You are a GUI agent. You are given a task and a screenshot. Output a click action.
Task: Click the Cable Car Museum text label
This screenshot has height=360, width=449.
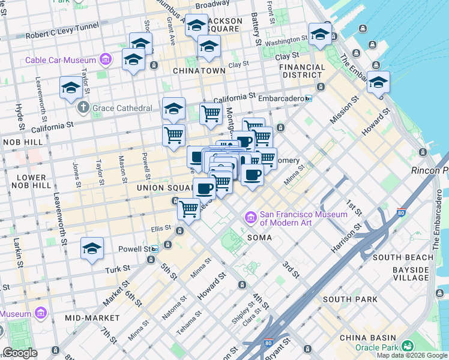(61, 60)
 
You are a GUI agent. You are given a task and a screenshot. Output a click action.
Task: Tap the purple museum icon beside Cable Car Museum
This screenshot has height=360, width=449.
(106, 59)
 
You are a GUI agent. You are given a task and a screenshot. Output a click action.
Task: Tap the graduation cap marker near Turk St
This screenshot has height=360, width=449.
(92, 248)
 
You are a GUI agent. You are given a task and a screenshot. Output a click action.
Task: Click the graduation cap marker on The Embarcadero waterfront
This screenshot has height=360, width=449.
(378, 82)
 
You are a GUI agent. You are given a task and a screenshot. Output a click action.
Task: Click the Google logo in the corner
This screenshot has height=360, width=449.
(20, 353)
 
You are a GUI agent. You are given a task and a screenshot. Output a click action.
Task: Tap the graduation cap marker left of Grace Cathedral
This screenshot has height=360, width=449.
(71, 88)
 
